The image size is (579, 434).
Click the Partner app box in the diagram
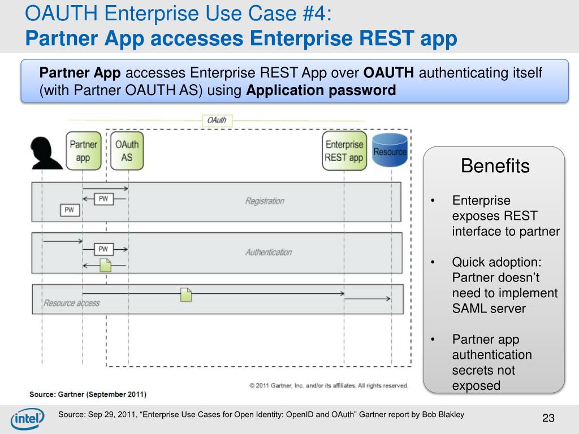(x=83, y=151)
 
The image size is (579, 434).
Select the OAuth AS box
(x=127, y=151)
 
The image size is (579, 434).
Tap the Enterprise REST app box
(x=344, y=151)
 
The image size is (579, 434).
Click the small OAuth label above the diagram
(x=217, y=120)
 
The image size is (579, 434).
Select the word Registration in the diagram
(x=265, y=201)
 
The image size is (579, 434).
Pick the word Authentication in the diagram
(x=268, y=252)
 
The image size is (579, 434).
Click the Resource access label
(x=71, y=303)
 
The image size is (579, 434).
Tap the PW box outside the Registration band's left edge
(x=70, y=210)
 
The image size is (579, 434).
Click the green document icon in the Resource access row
(x=186, y=294)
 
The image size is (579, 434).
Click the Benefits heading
(x=495, y=166)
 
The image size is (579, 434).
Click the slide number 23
(x=548, y=418)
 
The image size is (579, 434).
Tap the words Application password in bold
(x=321, y=91)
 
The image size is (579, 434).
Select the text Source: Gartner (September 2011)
(x=88, y=393)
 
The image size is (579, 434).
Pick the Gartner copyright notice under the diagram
(x=329, y=385)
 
